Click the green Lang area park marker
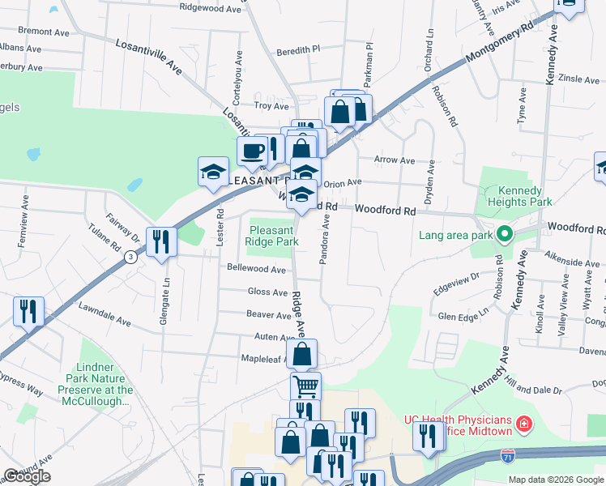pos(504,236)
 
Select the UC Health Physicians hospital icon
pos(524,424)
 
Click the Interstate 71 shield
pos(508,456)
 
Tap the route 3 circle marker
pos(130,257)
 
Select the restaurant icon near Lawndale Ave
pos(29,311)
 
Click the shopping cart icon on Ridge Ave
pos(305,386)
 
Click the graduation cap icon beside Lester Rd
pos(213,171)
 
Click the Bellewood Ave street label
pos(257,269)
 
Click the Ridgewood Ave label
pos(211,7)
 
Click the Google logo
pos(27,476)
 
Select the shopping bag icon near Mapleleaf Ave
pos(301,353)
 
